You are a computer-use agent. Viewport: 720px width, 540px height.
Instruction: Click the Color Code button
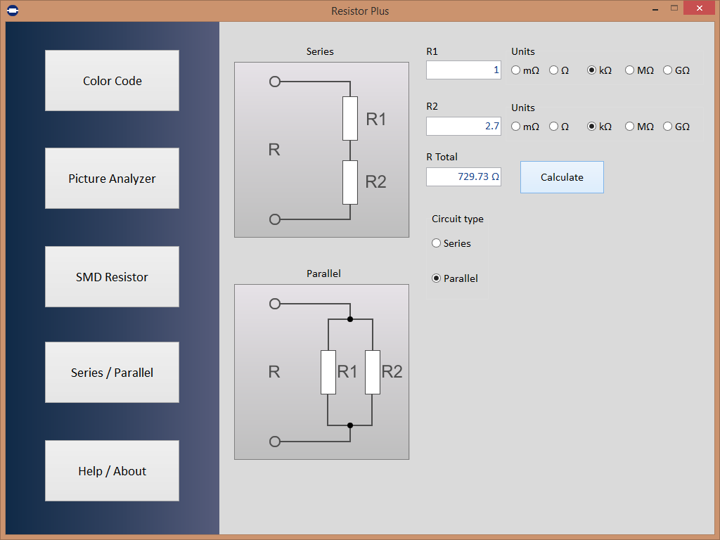[112, 80]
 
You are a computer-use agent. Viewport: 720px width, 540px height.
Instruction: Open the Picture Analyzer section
[112, 178]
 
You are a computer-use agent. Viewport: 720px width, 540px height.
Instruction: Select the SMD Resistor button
[112, 277]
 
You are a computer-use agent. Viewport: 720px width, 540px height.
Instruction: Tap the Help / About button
[112, 470]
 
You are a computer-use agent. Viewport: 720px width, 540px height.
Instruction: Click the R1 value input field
[463, 70]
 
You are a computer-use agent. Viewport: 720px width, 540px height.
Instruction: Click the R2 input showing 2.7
[463, 127]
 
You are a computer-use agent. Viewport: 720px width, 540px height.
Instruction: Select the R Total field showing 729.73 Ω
[463, 176]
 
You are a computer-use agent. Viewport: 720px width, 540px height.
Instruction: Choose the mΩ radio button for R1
[515, 70]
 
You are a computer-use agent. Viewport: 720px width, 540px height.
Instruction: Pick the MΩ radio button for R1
[629, 70]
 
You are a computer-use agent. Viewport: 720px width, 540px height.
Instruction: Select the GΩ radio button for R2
[668, 127]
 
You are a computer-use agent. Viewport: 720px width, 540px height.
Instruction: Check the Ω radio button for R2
[554, 127]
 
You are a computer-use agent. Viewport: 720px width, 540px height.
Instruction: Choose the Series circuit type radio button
[436, 243]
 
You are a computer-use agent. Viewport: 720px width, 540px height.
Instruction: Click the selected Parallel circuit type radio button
[436, 278]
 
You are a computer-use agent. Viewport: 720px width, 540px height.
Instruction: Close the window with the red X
[700, 8]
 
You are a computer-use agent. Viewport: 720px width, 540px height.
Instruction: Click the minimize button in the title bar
[655, 9]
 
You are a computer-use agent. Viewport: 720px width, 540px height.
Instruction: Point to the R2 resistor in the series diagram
[350, 182]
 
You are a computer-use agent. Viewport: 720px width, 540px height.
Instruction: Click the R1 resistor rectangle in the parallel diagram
[328, 373]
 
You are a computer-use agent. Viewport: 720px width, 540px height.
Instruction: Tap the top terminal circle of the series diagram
[275, 82]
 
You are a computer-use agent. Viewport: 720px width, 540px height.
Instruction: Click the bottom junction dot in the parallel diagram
[350, 425]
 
